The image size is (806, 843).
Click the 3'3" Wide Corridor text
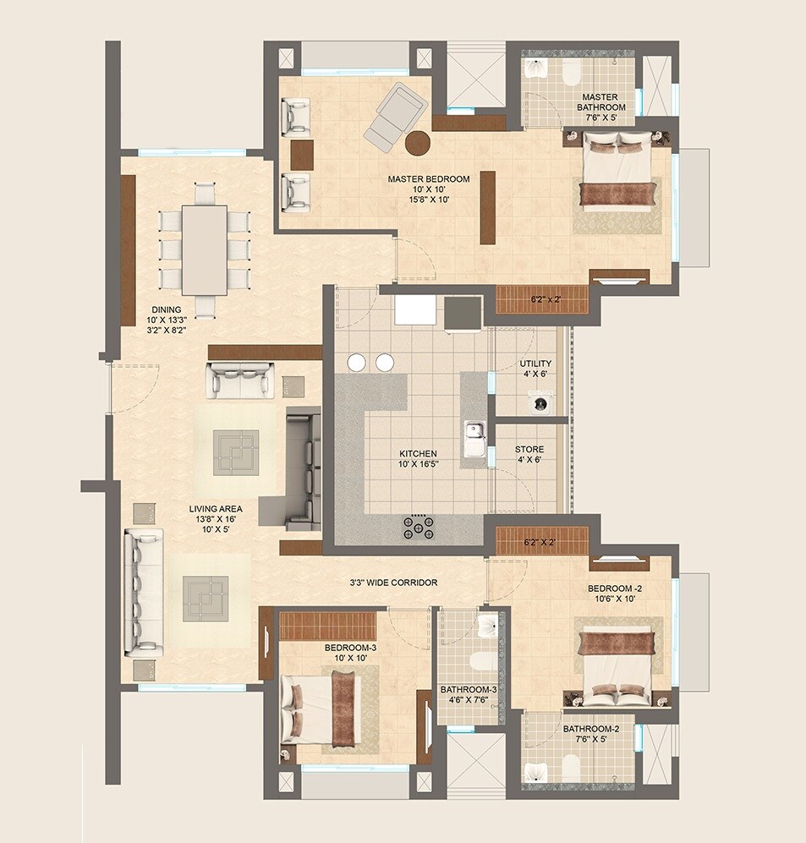(393, 583)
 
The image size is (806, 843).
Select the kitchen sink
(474, 441)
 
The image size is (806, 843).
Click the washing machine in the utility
(538, 404)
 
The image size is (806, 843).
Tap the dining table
(204, 249)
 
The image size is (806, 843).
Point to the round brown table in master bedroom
(416, 144)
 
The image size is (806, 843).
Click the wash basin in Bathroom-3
(486, 626)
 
